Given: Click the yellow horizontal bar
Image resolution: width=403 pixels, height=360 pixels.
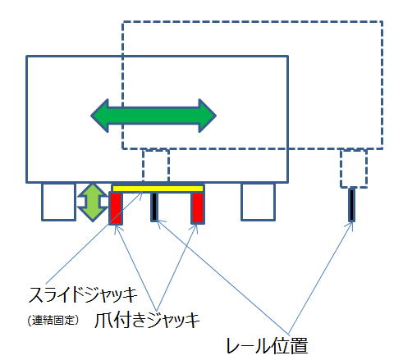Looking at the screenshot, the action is tap(158, 189).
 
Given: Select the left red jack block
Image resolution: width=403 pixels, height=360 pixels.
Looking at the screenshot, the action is tap(116, 208).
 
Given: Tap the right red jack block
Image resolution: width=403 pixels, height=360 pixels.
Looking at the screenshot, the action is tap(198, 208).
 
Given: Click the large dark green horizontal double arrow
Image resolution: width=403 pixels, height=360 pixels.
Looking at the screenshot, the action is tap(153, 116).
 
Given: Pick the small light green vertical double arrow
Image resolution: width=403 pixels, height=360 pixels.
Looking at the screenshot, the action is tap(93, 203).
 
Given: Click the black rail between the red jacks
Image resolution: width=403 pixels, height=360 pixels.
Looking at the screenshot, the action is tap(154, 207).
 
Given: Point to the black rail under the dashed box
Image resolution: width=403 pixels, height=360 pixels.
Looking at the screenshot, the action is tap(351, 205).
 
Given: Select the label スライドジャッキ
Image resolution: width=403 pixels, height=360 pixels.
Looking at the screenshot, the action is tap(83, 294).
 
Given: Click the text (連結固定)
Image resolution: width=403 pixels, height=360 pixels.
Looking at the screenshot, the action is tap(53, 320).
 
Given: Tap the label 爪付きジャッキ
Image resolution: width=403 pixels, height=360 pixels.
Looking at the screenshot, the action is tap(147, 320).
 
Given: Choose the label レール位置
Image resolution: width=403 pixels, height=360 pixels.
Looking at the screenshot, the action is tap(268, 345).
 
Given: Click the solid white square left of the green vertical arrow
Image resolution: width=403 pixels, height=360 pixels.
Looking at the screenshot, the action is tap(58, 202).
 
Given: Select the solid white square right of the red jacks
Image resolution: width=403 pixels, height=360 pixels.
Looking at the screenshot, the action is tap(258, 202).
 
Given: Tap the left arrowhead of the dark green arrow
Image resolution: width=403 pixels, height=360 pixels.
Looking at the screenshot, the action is tap(99, 116).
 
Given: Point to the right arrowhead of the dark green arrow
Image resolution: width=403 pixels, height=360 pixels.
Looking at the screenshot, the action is tap(208, 116).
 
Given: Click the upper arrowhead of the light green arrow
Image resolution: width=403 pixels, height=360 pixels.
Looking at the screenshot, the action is tap(93, 190).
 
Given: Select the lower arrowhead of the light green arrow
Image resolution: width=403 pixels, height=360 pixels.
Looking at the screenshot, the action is tap(93, 215).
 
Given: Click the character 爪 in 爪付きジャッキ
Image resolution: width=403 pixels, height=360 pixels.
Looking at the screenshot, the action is tap(103, 320).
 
